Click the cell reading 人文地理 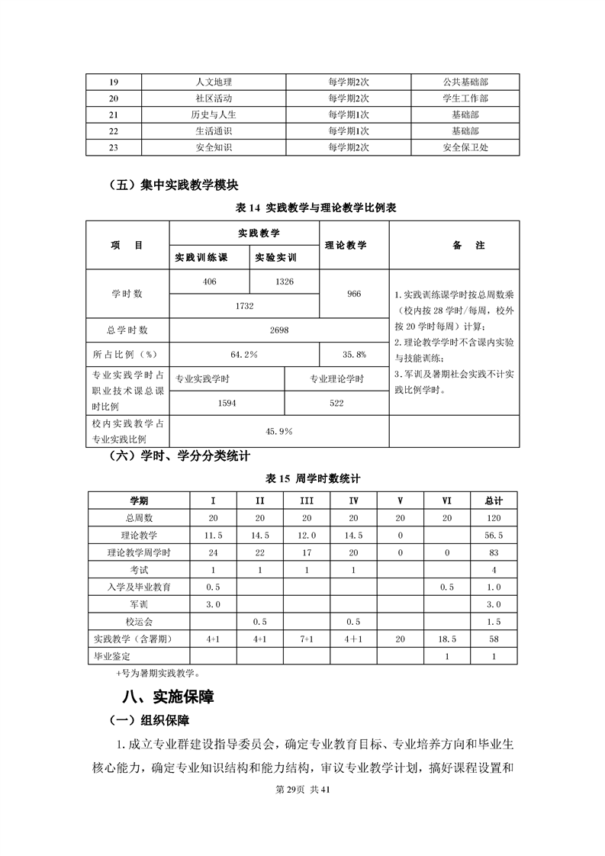pos(214,82)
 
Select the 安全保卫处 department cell pos(465,147)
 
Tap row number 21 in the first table pos(114,114)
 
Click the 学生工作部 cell pos(465,98)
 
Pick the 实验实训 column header pos(275,257)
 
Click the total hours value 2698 pos(278,330)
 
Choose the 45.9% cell pos(278,431)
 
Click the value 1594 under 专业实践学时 pos(227,403)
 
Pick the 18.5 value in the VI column pos(447,639)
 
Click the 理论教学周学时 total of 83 pos(494,552)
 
